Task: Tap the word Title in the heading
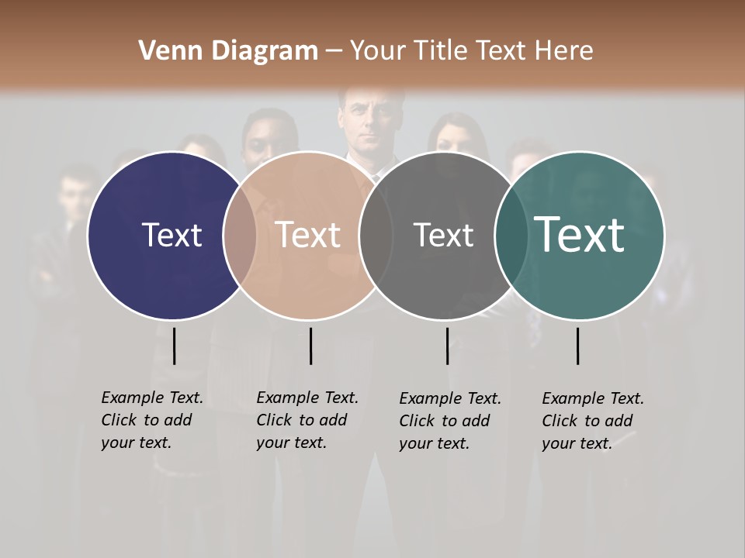(x=440, y=51)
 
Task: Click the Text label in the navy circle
(x=172, y=235)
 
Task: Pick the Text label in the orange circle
(x=308, y=235)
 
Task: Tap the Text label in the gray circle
(x=443, y=236)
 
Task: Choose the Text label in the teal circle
(x=579, y=234)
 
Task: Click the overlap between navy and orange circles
(x=240, y=236)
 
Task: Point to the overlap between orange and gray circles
(x=376, y=236)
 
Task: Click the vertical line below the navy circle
(x=175, y=346)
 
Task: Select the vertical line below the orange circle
(x=310, y=346)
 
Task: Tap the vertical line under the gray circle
(x=448, y=346)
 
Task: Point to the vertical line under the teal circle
(x=578, y=346)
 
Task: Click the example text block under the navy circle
(x=151, y=420)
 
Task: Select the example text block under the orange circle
(x=307, y=420)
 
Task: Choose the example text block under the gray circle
(x=449, y=421)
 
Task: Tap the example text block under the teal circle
(x=592, y=421)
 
